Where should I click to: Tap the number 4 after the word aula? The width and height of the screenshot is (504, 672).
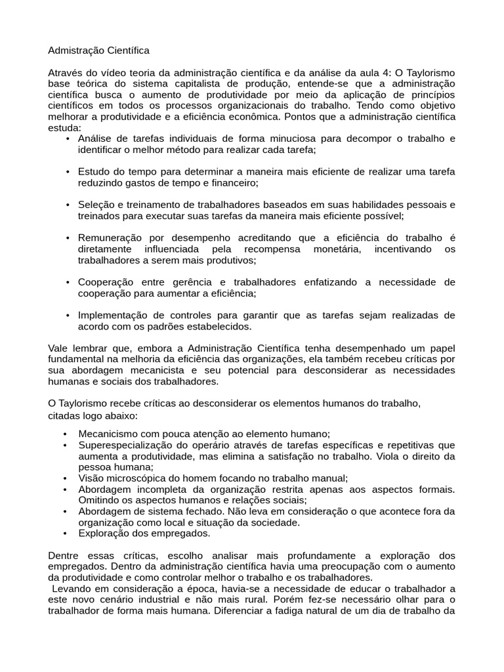(x=386, y=73)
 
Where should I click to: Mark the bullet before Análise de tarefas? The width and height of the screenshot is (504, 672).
(x=68, y=139)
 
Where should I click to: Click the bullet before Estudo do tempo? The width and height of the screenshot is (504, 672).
(x=68, y=172)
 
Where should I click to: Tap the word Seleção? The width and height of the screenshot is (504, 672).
(x=96, y=205)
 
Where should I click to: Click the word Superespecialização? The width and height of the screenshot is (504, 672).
(x=125, y=445)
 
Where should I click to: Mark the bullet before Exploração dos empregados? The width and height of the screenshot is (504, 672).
(x=65, y=533)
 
